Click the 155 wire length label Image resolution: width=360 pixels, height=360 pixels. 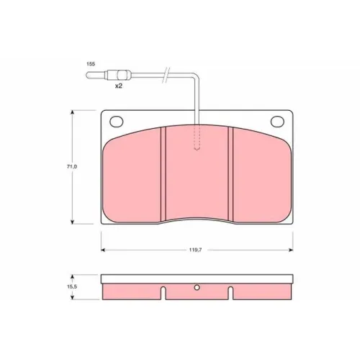coord(91,64)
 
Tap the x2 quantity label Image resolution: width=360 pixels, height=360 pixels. coord(119,86)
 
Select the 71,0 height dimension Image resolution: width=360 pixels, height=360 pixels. coord(72,166)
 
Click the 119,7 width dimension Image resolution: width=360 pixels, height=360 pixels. coord(196,250)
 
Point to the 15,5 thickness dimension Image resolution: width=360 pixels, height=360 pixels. coord(72,287)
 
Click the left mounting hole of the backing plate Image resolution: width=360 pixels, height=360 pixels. coord(117,122)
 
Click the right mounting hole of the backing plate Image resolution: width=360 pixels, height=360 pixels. coord(277,122)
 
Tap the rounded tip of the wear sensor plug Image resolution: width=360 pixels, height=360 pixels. coord(88,75)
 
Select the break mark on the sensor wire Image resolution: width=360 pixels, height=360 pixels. coord(166,75)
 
